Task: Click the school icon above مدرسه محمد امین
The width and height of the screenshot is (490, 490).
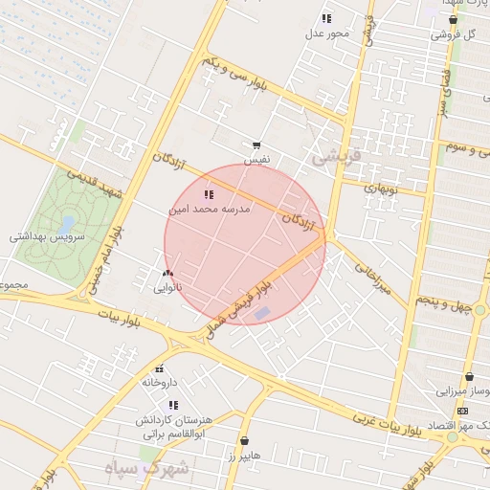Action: pyautogui.click(x=209, y=194)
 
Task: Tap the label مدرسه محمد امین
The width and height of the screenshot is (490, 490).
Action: pyautogui.click(x=209, y=208)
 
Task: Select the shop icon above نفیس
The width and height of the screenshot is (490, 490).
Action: pyautogui.click(x=256, y=145)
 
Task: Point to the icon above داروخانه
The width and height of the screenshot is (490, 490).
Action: pyautogui.click(x=159, y=368)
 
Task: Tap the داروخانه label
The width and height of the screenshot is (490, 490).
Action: pyautogui.click(x=160, y=382)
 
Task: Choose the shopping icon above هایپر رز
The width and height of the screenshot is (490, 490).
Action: pyautogui.click(x=245, y=441)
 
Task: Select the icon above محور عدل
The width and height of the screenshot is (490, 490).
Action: pyautogui.click(x=326, y=18)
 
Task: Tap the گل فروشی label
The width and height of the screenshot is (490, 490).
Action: pyautogui.click(x=453, y=34)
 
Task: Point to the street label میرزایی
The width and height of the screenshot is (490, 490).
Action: pyautogui.click(x=372, y=277)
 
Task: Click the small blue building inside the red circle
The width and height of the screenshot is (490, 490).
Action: pyautogui.click(x=262, y=313)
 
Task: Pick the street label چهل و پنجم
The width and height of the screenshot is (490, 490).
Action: pyautogui.click(x=445, y=303)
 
